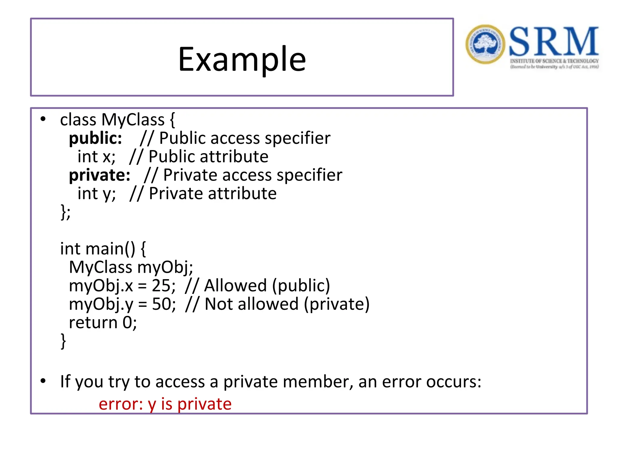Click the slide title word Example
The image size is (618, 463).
(x=242, y=59)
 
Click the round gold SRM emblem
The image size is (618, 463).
(x=485, y=44)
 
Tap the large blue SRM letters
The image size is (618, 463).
(x=554, y=41)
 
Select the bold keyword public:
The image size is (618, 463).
(x=95, y=138)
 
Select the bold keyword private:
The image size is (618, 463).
(x=100, y=175)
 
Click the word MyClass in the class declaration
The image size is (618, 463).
(x=133, y=120)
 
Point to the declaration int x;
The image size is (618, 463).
(x=96, y=157)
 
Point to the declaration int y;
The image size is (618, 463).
(x=97, y=194)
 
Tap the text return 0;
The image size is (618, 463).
(x=103, y=323)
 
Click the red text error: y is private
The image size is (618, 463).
(x=165, y=404)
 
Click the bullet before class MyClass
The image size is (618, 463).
(x=43, y=119)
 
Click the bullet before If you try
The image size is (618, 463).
(x=43, y=381)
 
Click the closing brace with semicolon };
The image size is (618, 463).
(x=65, y=212)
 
